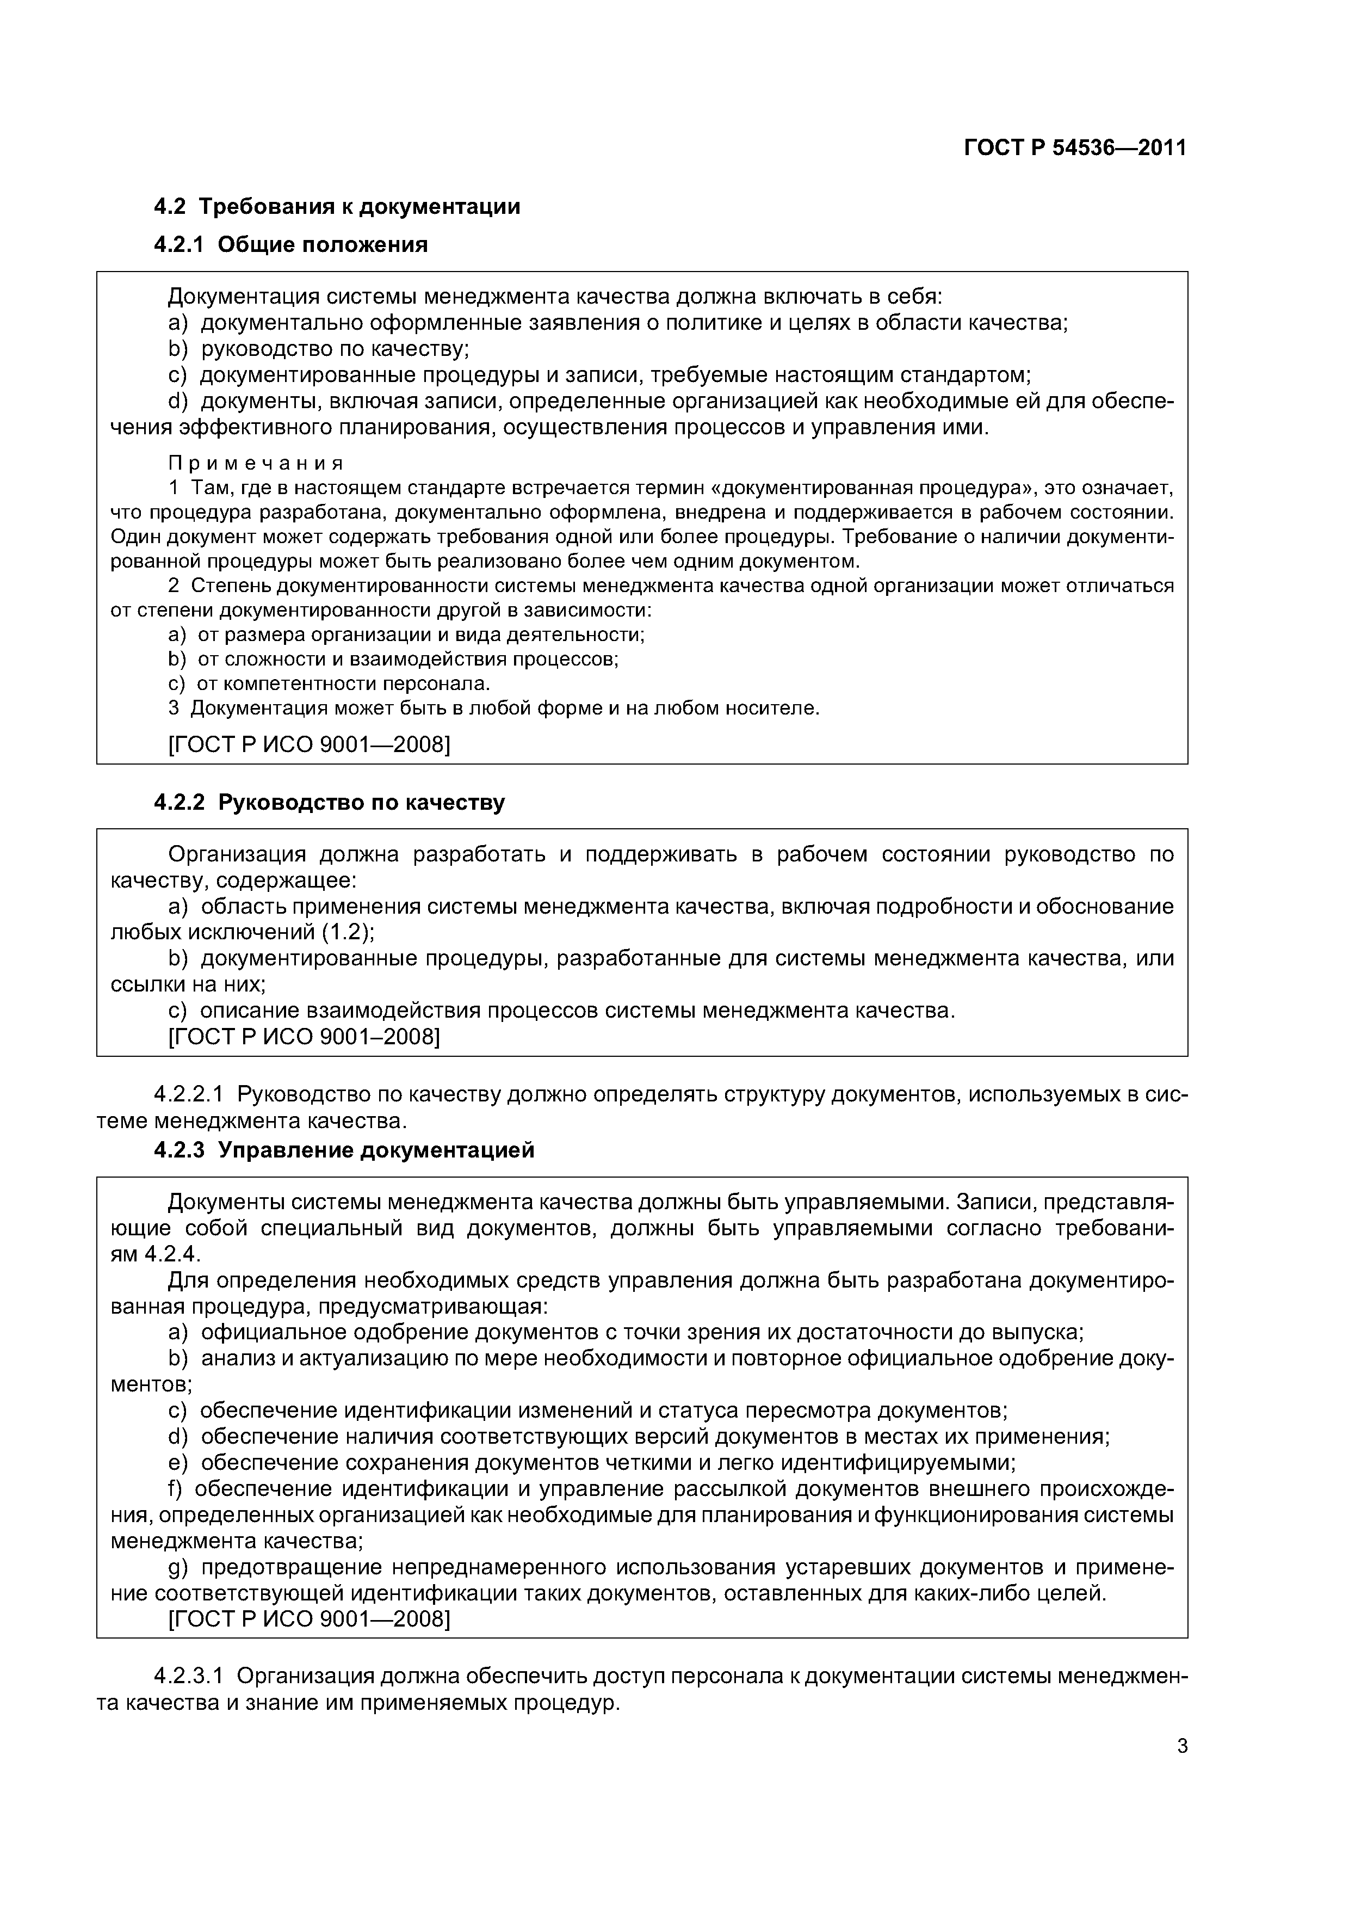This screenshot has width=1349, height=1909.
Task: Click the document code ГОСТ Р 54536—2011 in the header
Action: tap(1075, 148)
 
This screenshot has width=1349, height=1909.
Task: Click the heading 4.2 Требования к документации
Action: tap(337, 206)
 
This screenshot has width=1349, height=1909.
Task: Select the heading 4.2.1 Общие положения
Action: tap(291, 244)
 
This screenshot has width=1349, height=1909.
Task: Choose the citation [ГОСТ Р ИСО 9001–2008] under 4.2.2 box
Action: tap(304, 1036)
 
